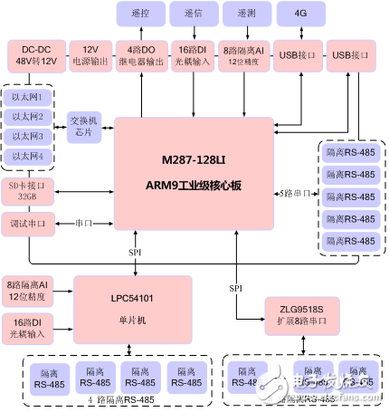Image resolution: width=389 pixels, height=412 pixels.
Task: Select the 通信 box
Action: pos(194,15)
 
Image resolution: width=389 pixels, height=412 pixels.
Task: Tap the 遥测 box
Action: pos(246,15)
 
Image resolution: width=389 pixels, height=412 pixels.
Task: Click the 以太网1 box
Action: pos(28,97)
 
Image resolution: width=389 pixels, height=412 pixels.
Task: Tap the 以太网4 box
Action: pos(28,157)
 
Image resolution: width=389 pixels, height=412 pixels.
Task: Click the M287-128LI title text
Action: pos(193,159)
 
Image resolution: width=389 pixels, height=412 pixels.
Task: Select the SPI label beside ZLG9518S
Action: pos(235,287)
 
